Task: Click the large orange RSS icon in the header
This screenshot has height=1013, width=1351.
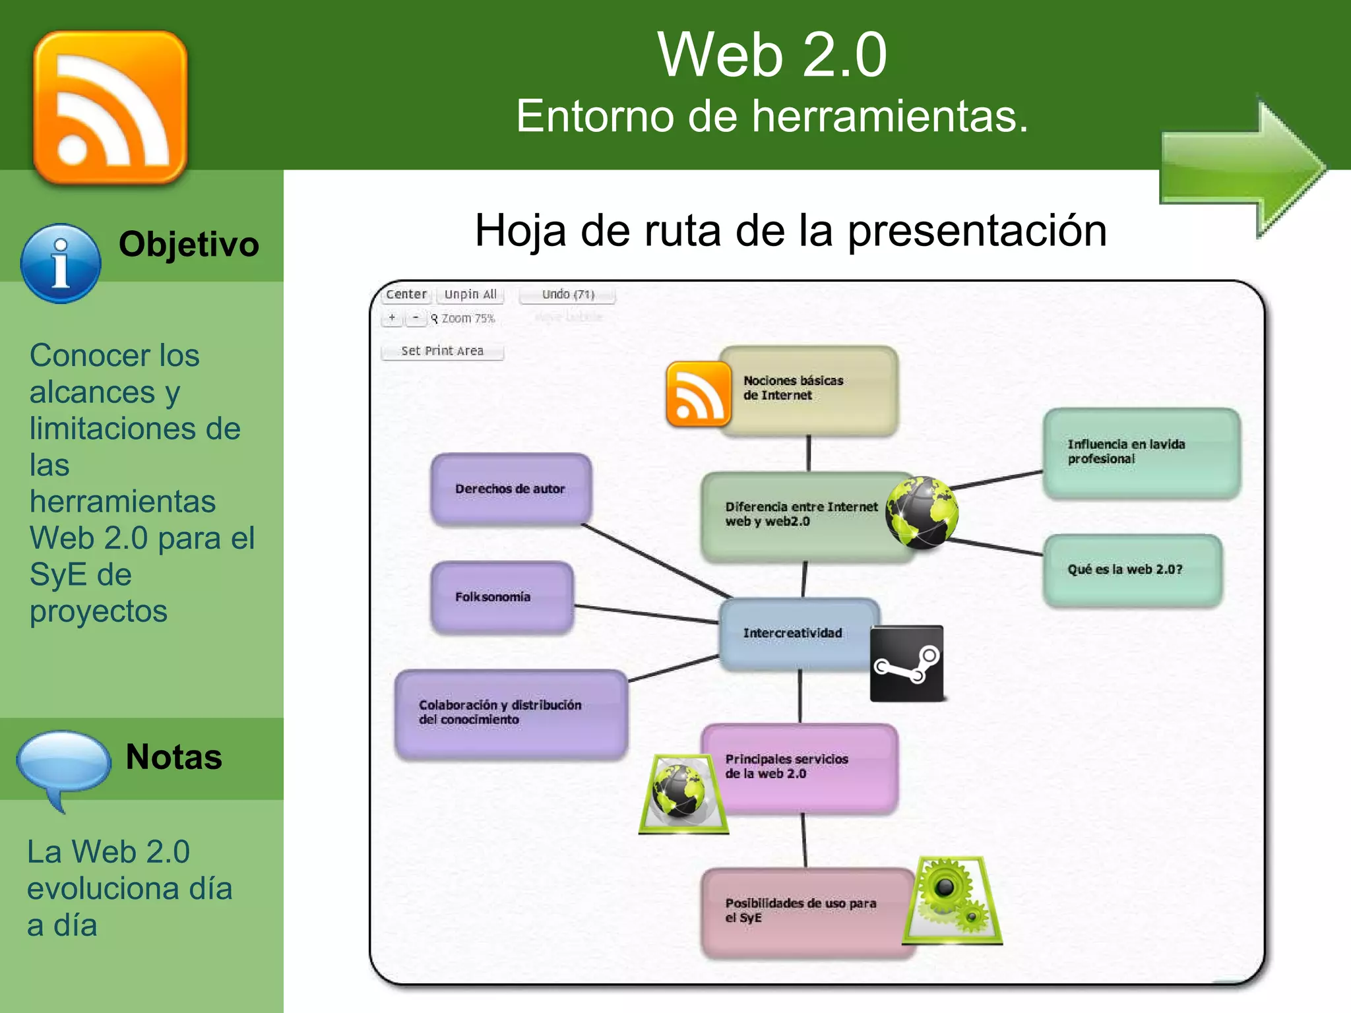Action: (110, 107)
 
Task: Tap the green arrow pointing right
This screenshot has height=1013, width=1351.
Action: (1243, 168)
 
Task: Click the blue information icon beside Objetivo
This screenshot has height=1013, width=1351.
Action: (61, 264)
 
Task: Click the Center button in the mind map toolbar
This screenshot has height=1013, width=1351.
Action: (406, 294)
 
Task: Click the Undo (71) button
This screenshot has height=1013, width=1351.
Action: (567, 294)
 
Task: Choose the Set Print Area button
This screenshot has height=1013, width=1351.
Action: (442, 351)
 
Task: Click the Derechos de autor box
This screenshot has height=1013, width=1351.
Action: (510, 489)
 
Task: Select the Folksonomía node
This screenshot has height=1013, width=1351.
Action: (501, 597)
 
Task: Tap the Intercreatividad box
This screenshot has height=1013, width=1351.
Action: (793, 633)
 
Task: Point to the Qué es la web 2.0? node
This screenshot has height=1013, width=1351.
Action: (1132, 569)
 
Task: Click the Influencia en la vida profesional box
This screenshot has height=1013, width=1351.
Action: (1141, 452)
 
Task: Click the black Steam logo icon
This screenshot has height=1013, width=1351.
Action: (906, 663)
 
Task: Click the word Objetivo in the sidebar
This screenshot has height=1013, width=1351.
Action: (189, 244)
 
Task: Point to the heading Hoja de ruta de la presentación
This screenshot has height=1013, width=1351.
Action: (790, 231)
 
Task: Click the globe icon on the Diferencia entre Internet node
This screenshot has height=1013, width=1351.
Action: (921, 513)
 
